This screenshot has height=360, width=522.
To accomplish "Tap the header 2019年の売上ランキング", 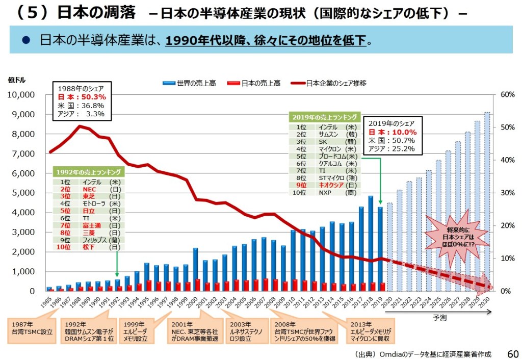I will click(324, 117).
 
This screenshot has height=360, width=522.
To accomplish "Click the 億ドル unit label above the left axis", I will click(16, 80).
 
